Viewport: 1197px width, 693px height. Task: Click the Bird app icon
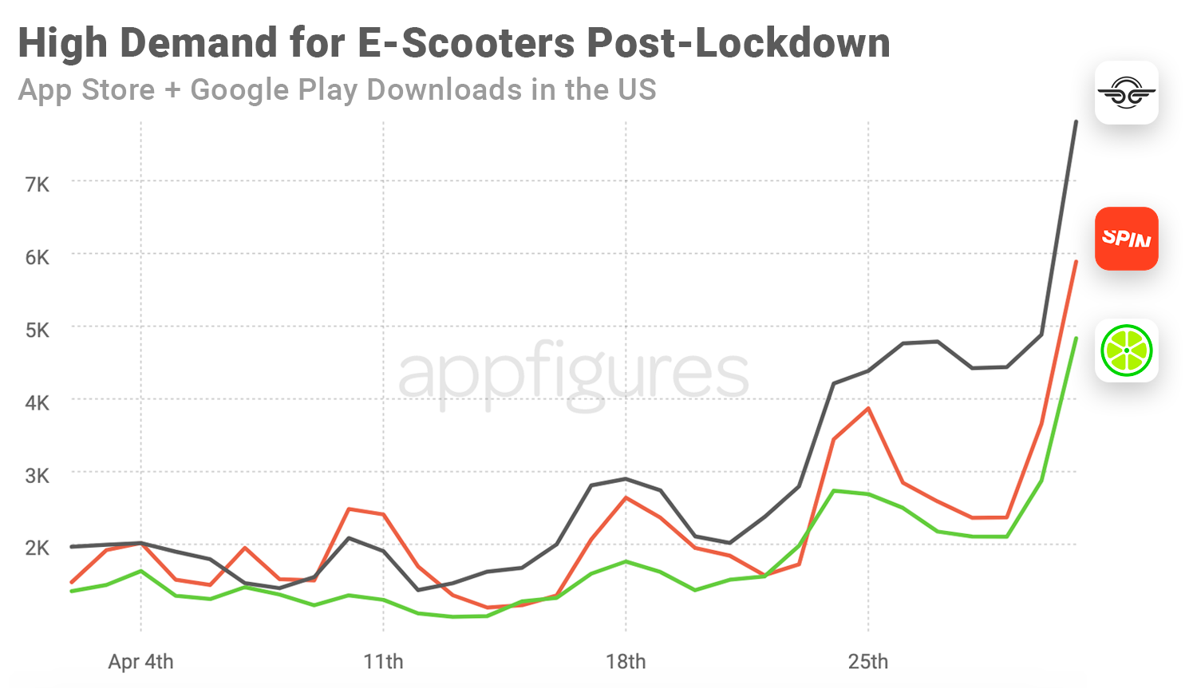tap(1126, 93)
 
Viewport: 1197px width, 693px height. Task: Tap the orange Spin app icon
tap(1126, 239)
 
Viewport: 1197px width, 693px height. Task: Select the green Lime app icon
tap(1126, 350)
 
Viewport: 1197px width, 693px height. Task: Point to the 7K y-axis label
tap(38, 185)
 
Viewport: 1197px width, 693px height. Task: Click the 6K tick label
tap(38, 258)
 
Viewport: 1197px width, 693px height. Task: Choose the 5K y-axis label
tap(38, 331)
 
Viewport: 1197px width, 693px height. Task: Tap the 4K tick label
tap(38, 403)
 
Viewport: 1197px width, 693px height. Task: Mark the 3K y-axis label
tap(38, 476)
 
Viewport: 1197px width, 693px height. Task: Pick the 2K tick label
tap(38, 548)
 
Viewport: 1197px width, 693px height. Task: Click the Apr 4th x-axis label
tap(140, 662)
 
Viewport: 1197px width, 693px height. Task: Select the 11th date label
tap(383, 662)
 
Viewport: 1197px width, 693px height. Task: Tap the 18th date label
tap(626, 662)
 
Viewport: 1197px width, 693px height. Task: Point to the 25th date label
tap(868, 662)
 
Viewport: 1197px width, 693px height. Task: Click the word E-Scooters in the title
tap(466, 43)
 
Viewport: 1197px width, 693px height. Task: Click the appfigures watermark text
tap(573, 372)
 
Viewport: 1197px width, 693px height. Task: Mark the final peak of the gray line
tap(1076, 122)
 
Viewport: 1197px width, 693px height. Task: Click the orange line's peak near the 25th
tap(868, 409)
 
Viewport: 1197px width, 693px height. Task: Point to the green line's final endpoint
tap(1076, 339)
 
